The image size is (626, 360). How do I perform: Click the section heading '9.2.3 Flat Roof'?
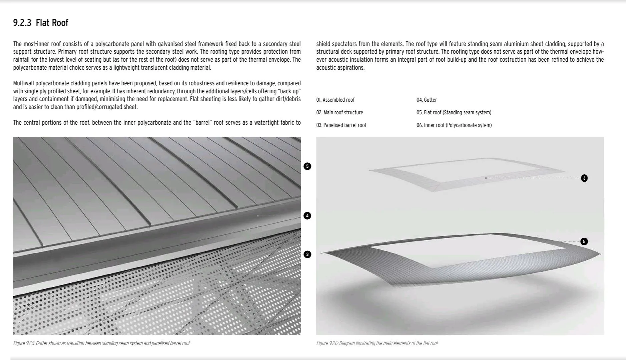tap(40, 23)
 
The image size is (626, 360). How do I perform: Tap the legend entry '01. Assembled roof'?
tap(335, 100)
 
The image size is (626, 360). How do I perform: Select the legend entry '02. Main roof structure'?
tap(340, 112)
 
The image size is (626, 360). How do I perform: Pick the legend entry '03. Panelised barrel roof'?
tap(341, 125)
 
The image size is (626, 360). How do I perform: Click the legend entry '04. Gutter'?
tap(426, 100)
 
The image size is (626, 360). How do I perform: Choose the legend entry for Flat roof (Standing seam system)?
tap(454, 112)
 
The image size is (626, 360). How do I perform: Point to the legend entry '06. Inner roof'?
tap(454, 125)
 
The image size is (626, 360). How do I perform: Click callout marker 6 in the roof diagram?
tap(584, 178)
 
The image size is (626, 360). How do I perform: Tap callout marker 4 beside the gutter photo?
tap(307, 216)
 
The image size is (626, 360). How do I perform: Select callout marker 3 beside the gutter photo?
tap(307, 254)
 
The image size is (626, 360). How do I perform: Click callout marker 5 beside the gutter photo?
tap(307, 166)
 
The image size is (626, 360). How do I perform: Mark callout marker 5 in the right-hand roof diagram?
tap(584, 241)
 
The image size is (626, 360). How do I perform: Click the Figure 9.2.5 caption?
tap(101, 343)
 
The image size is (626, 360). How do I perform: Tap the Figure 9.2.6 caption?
tap(377, 343)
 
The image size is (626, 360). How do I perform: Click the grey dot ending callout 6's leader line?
tap(486, 178)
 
